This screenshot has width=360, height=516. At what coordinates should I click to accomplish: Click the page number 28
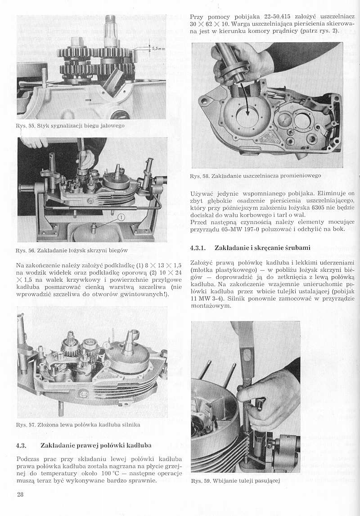[20, 495]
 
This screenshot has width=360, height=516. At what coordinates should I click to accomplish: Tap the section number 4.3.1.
[198, 247]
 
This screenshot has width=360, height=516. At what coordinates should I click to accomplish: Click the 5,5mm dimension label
[157, 48]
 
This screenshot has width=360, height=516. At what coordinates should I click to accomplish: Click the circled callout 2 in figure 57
[107, 362]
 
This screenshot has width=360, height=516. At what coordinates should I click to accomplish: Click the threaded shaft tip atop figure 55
[110, 20]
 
